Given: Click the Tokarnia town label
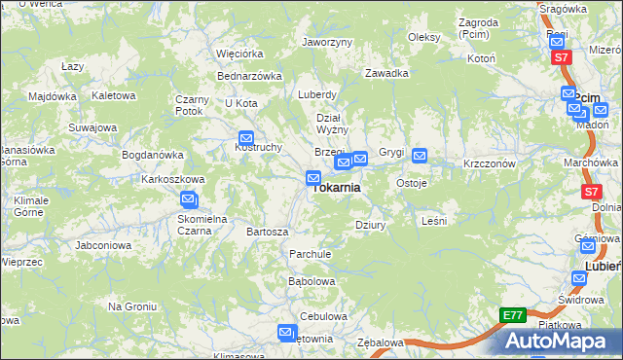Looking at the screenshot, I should (337, 188).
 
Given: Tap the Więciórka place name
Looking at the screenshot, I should (239, 54).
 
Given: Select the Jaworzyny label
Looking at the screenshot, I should (327, 43).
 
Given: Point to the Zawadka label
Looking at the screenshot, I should (386, 73).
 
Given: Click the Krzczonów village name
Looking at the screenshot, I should (489, 164).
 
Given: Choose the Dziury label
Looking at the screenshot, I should (371, 225).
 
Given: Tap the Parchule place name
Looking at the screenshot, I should (311, 254).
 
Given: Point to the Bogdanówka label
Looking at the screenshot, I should (152, 155).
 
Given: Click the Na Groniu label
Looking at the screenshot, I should (132, 306).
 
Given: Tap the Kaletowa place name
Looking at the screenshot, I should (112, 96).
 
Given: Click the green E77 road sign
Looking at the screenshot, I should (513, 315).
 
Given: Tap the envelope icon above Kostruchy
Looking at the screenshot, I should (245, 139).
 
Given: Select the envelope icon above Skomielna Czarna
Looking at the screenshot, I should (189, 200).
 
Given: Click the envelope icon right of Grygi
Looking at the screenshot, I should (420, 154).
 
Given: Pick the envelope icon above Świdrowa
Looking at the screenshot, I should (580, 278).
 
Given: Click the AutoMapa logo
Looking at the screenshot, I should (560, 341).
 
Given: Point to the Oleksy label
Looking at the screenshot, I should (423, 37).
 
